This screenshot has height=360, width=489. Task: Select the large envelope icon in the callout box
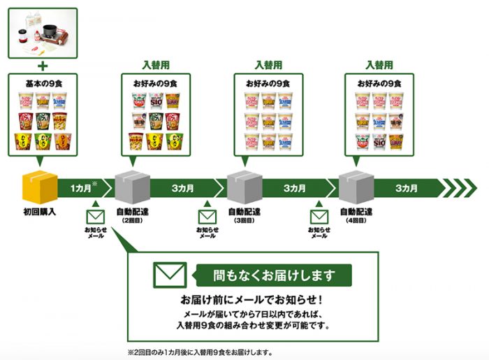pyautogui.click(x=170, y=275)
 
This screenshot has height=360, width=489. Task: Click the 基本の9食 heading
pyautogui.click(x=41, y=83)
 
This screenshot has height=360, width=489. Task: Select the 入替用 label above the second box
pyautogui.click(x=156, y=65)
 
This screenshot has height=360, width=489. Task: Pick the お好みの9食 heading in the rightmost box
pyautogui.click(x=380, y=83)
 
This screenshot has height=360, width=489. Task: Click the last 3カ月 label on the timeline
pyautogui.click(x=407, y=188)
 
